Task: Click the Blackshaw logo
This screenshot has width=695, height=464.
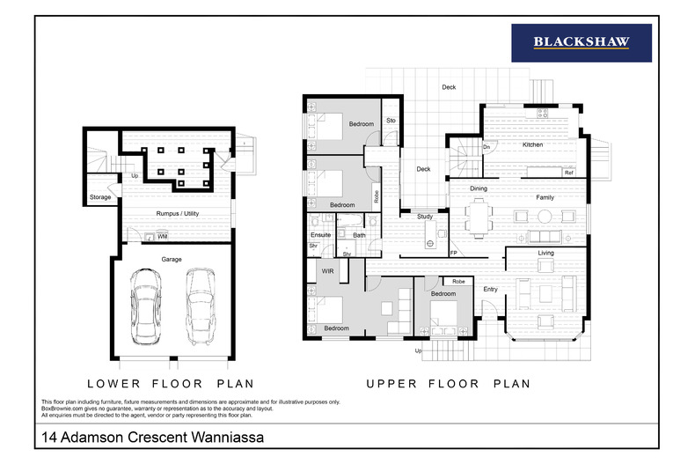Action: [x=581, y=42]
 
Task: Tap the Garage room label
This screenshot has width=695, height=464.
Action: [x=171, y=260]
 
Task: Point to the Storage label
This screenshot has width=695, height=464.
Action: [x=100, y=197]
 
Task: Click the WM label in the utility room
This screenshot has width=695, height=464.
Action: [x=163, y=236]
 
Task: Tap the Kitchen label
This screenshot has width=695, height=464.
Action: [x=533, y=144]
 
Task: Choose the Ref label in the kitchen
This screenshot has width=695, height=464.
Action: [x=568, y=173]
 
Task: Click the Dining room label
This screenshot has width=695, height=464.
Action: [x=478, y=188]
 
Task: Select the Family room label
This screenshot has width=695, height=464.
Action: [x=545, y=197]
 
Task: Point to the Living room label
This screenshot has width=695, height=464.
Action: [x=545, y=254]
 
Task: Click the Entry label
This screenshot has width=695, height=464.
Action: [x=490, y=289]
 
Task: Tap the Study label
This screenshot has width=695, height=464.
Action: [x=425, y=216]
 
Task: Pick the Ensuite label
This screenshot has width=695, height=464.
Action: [x=320, y=235]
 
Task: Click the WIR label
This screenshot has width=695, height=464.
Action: [x=327, y=271]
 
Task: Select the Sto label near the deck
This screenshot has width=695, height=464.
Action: [x=390, y=120]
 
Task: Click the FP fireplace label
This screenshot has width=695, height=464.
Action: [x=454, y=254]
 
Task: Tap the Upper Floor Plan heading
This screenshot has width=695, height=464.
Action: [x=448, y=384]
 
